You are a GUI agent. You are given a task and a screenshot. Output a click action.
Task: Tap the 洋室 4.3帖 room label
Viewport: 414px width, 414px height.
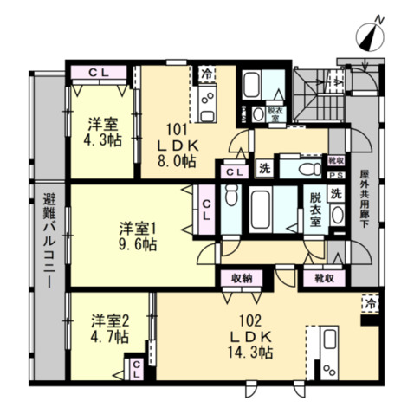[103, 133]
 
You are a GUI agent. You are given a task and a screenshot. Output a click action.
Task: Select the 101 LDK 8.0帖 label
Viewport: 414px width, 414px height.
[177, 146]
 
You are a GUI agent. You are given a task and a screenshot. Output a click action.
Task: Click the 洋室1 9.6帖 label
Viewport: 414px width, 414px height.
[138, 236]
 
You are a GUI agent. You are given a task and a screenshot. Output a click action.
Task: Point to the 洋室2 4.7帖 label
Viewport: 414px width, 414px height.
[110, 328]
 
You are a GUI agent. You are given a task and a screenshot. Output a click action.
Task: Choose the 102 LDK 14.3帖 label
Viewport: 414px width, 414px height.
[250, 336]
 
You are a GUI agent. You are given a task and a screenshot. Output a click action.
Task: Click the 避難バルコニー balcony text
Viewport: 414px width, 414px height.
[49, 241]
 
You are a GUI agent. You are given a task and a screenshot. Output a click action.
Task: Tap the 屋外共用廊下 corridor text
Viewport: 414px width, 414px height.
[364, 198]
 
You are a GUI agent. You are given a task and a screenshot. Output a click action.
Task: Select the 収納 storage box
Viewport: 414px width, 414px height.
[242, 279]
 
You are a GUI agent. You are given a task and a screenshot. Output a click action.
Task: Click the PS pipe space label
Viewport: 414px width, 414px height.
[337, 175]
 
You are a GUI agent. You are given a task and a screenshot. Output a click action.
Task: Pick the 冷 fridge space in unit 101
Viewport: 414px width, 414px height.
[207, 74]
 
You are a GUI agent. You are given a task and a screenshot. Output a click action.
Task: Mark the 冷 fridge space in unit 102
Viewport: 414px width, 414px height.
[370, 303]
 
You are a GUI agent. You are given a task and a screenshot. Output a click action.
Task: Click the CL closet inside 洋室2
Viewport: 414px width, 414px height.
[137, 370]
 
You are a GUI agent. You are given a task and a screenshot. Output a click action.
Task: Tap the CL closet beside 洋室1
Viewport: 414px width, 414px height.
[206, 210]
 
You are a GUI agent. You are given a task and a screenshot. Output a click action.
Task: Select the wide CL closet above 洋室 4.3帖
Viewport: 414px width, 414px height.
[99, 73]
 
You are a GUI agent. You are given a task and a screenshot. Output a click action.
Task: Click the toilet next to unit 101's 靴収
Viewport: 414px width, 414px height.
[310, 168]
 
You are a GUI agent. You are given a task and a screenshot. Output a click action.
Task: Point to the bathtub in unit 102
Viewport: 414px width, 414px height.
[261, 210]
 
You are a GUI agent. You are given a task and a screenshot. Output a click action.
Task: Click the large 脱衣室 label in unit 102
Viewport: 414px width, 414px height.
[315, 210]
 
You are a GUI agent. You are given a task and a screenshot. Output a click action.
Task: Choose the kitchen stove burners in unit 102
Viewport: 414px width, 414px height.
[329, 369]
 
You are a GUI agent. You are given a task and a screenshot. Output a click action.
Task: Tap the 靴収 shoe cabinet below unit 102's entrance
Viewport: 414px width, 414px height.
[325, 278]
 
